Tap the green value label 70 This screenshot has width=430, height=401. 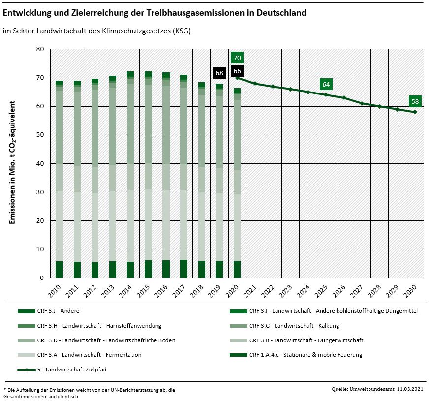pos(237,57)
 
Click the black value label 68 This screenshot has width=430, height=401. pos(219,73)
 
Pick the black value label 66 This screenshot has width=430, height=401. pos(237,71)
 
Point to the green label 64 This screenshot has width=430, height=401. pos(326,84)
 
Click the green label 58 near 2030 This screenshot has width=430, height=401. pos(415,102)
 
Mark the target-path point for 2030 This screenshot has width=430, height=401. pos(415,112)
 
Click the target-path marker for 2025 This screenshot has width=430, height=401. pos(326,94)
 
